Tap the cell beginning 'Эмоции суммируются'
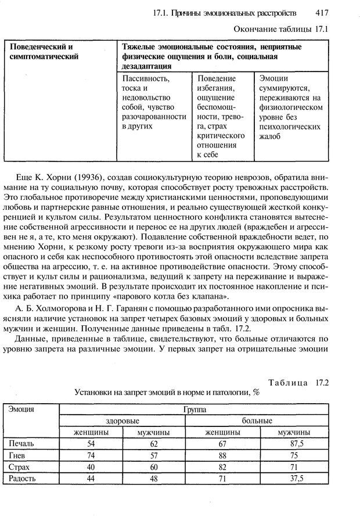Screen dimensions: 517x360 point(289,107)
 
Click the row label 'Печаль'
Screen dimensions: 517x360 point(21,444)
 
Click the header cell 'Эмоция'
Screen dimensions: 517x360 point(21,409)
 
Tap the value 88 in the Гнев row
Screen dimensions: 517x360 point(223,455)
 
